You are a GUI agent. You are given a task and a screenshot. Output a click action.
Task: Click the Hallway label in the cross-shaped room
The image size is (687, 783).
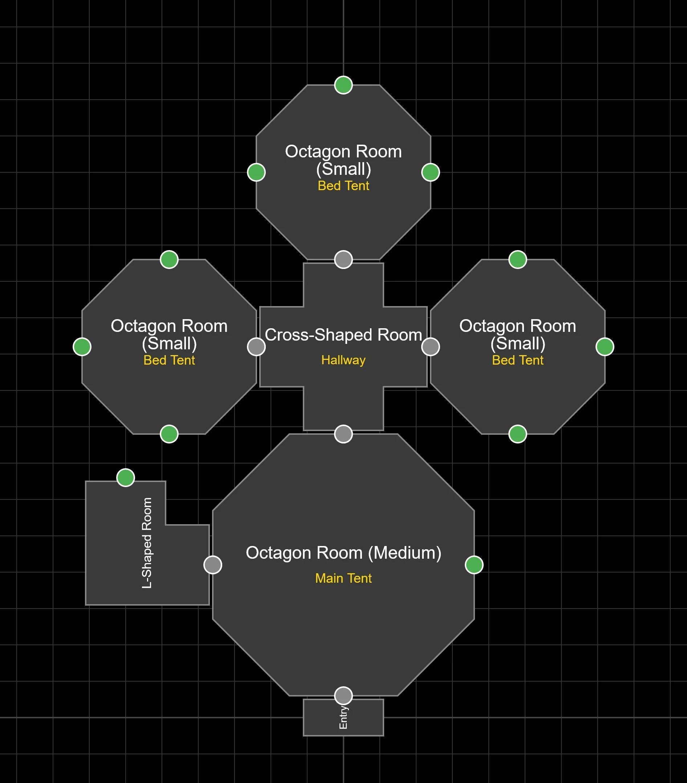pos(343,360)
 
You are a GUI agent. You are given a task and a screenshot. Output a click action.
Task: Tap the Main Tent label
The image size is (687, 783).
pos(343,578)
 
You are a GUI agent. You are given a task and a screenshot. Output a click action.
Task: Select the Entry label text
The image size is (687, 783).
pos(343,718)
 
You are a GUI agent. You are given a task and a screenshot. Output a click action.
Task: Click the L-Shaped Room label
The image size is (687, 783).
pos(147,543)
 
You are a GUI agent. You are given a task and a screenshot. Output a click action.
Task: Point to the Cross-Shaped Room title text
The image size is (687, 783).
pos(343,335)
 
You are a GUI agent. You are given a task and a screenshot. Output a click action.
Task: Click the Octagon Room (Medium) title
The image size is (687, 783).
pos(343,553)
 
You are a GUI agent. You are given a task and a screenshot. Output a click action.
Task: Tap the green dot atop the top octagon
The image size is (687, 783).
pos(343,85)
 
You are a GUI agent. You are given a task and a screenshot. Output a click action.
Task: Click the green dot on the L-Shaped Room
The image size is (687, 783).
pos(126,478)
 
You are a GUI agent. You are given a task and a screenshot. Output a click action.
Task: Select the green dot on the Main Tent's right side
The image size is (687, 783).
pos(474,565)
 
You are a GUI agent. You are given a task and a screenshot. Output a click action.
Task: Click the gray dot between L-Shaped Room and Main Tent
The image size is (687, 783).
pos(213,565)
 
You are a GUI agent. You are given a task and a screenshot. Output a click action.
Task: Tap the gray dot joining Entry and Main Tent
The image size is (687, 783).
pos(343,696)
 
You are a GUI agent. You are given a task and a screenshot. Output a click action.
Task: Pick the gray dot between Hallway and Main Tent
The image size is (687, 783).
pos(343,434)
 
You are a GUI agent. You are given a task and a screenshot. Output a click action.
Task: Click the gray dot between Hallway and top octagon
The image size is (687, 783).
pos(343,260)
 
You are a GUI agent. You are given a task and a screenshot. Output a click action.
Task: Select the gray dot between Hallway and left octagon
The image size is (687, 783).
pos(256,347)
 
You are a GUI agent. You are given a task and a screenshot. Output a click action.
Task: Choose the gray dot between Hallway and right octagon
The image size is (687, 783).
pos(431,347)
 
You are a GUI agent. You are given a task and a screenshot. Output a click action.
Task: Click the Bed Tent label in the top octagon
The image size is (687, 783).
pos(343,186)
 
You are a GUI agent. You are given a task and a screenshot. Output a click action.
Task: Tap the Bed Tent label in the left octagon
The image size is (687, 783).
pos(169,360)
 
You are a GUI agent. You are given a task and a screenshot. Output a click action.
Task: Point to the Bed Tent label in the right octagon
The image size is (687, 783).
pos(517,360)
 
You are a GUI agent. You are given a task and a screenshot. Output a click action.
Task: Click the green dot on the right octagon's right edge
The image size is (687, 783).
pos(605,347)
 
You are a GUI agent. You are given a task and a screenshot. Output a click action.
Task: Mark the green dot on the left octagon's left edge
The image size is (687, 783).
pos(82,347)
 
